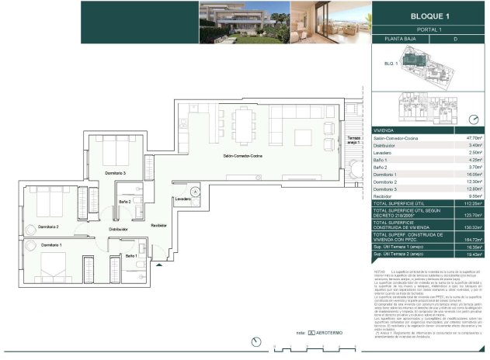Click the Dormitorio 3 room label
pos(113,172)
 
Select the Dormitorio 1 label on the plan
pos(52,245)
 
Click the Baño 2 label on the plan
pos(124,202)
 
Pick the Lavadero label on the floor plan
pos(183,199)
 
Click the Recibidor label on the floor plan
pos(159,225)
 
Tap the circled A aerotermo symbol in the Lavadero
pos(195,190)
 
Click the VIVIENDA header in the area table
pos(384,130)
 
